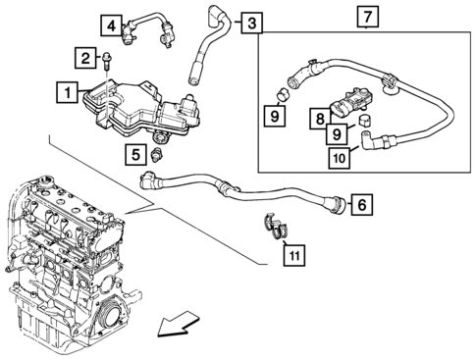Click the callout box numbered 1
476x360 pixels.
click(x=67, y=92)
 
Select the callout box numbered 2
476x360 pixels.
click(x=85, y=58)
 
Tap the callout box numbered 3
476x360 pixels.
click(x=252, y=23)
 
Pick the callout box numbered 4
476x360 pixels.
click(x=111, y=25)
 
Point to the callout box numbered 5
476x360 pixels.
click(x=135, y=154)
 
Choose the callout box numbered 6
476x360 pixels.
click(x=362, y=204)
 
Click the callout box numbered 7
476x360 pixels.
click(x=368, y=17)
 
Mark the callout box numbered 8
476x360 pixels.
click(x=320, y=119)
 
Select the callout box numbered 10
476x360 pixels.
click(x=340, y=158)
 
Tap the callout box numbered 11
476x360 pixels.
click(x=294, y=255)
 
